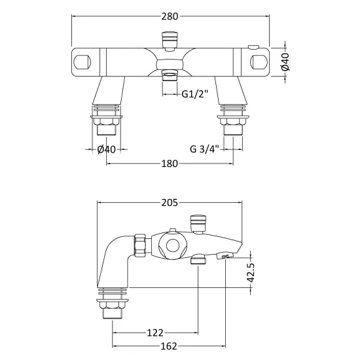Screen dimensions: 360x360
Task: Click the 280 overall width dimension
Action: tap(170, 16)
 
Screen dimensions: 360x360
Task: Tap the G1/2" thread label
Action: tap(194, 94)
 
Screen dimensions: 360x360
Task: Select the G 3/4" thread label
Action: tap(204, 149)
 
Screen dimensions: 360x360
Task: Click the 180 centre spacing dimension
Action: tap(170, 164)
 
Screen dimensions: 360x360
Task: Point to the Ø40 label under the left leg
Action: tap(106, 149)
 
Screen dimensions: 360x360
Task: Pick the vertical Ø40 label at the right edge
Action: tap(285, 62)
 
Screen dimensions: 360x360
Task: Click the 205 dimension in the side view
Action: tap(170, 203)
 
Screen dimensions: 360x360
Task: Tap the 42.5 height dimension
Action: tap(251, 272)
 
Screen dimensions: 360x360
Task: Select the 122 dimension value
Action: tap(155, 333)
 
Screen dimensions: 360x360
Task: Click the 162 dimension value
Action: tap(169, 346)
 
